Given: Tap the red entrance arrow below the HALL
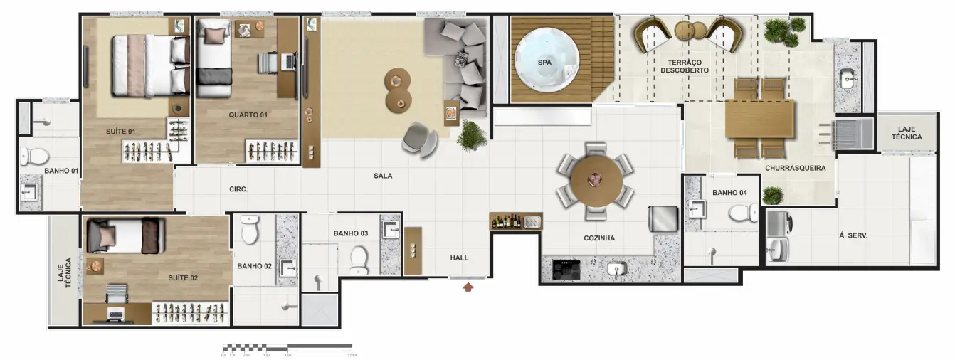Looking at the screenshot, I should click(468, 287).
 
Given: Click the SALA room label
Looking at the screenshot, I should click(383, 176).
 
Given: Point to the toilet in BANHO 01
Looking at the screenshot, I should click(34, 154).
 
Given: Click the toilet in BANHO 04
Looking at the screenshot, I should click(744, 212).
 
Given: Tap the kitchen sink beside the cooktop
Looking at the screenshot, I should click(616, 269).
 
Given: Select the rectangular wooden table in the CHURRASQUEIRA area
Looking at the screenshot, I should click(759, 119).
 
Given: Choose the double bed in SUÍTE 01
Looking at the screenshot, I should click(149, 66).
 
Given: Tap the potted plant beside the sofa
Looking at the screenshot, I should click(471, 134).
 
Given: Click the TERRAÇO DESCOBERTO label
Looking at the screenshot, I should click(684, 66).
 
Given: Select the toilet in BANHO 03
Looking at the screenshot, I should click(359, 259).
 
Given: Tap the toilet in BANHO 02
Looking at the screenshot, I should click(250, 228).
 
